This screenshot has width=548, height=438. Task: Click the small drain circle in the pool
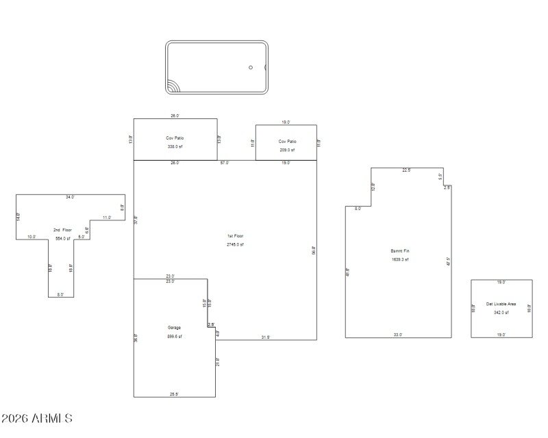(251, 67)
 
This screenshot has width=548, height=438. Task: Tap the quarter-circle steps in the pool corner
(172, 88)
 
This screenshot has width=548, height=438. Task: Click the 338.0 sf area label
(175, 146)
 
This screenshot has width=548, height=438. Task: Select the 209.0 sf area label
(287, 150)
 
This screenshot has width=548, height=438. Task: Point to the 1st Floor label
(236, 236)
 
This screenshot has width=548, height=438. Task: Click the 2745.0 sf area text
(236, 244)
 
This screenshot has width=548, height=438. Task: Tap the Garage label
(174, 328)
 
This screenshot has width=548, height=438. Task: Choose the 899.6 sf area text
(174, 337)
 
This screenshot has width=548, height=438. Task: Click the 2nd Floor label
(62, 231)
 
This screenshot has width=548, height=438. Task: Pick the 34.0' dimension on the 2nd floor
(70, 197)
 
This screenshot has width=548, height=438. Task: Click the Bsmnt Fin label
(399, 251)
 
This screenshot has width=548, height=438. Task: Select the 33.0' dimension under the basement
(398, 335)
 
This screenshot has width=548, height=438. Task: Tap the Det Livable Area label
(501, 304)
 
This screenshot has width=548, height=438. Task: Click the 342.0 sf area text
(501, 313)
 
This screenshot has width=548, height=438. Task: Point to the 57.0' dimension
(225, 163)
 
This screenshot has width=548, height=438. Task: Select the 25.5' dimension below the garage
(175, 394)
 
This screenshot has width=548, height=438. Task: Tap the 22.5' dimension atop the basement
(407, 170)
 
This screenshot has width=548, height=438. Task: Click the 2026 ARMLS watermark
(37, 418)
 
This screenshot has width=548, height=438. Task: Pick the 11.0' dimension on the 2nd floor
(106, 218)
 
